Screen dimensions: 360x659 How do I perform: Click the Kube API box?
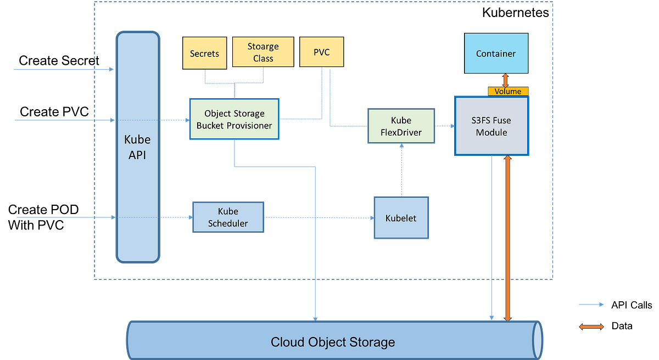click(137, 147)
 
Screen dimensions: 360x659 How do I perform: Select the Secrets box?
click(204, 53)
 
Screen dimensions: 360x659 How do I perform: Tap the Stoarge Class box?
click(263, 53)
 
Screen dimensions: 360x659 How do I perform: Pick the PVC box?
click(321, 53)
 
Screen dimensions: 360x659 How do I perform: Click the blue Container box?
click(496, 53)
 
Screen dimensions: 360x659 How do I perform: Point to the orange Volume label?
click(508, 91)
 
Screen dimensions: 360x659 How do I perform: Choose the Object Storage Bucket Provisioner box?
click(234, 120)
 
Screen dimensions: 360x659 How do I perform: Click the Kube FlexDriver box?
click(401, 126)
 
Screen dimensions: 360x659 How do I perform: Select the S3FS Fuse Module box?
click(492, 126)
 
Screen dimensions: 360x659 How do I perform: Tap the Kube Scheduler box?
click(228, 217)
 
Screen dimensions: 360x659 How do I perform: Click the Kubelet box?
click(401, 218)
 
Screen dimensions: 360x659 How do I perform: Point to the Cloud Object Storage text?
click(333, 342)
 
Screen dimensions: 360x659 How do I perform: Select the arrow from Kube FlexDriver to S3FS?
click(445, 126)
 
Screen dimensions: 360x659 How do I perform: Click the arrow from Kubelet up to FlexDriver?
click(401, 170)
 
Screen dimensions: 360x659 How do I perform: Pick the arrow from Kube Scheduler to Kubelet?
click(319, 217)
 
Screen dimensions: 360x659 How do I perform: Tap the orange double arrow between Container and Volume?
click(499, 80)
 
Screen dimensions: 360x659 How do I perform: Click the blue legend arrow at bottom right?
click(591, 305)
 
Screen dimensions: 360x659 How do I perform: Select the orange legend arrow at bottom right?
click(591, 327)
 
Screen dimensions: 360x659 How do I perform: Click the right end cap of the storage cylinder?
click(538, 339)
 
